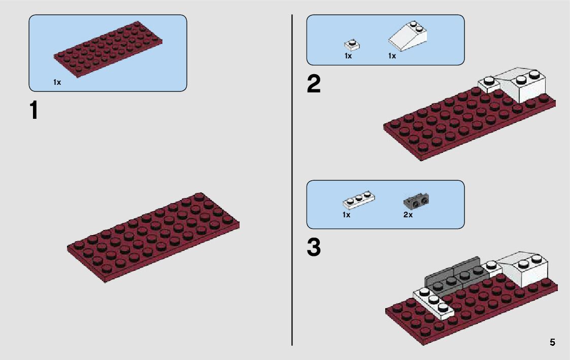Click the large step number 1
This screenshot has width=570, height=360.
click(x=34, y=110)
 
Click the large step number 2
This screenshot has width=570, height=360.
click(x=314, y=84)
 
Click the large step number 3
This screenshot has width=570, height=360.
click(x=314, y=248)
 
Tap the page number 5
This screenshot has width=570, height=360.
click(x=552, y=342)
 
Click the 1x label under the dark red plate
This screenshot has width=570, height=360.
click(x=57, y=82)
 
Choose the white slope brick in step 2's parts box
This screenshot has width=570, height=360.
click(x=409, y=37)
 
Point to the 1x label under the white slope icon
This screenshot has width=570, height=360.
click(x=392, y=56)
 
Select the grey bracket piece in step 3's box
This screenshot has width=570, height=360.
click(x=415, y=202)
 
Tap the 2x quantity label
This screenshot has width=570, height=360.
click(x=408, y=215)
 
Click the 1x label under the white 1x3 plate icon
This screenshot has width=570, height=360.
click(x=346, y=215)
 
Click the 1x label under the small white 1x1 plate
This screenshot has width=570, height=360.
click(x=348, y=56)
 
